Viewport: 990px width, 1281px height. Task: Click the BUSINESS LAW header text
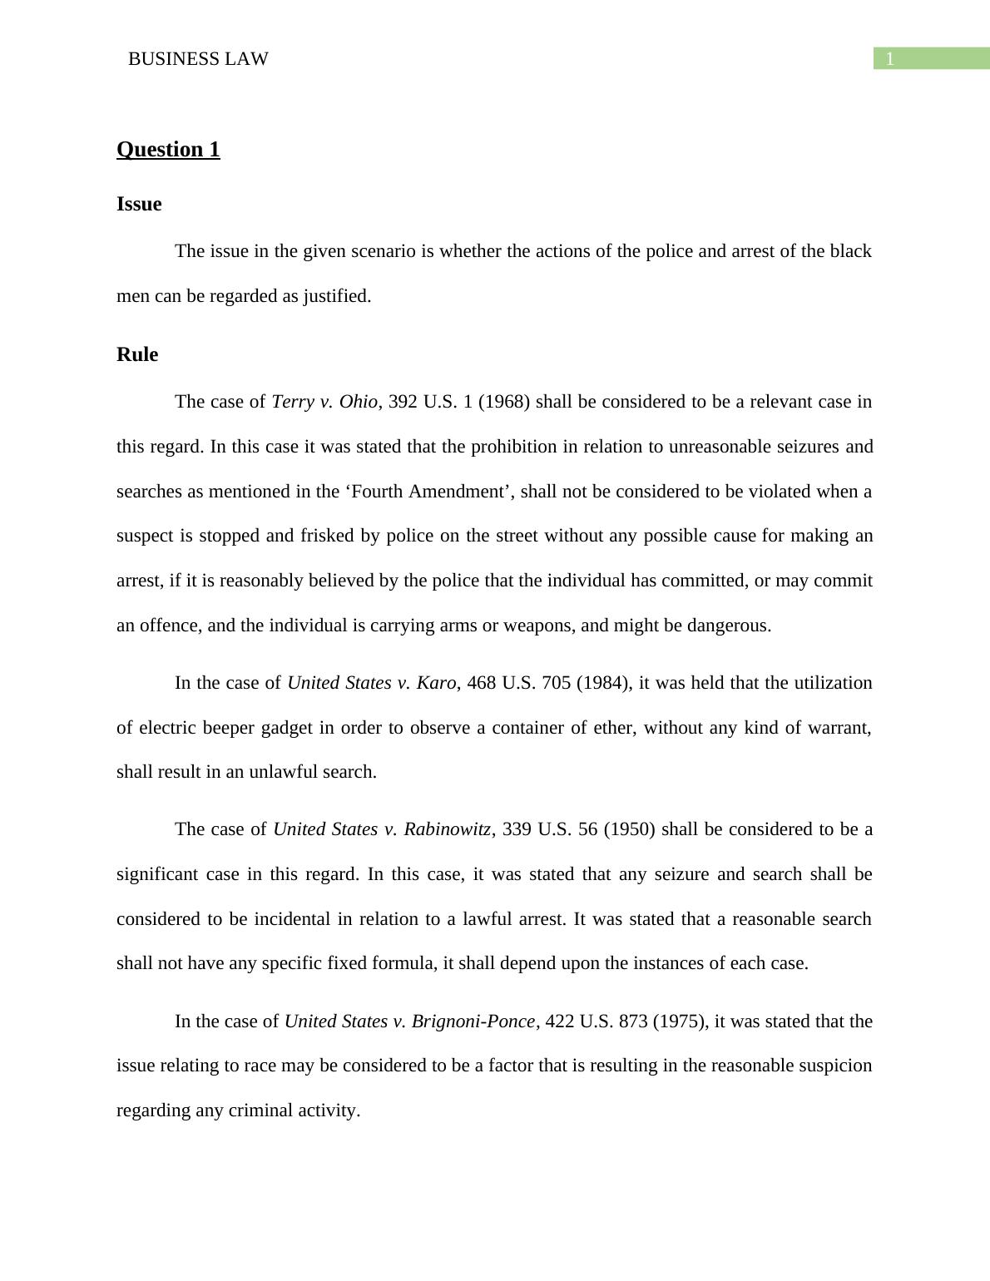[198, 59]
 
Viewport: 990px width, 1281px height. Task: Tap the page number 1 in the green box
[889, 59]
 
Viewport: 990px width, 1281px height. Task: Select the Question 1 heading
[168, 150]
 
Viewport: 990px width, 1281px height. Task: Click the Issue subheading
[139, 205]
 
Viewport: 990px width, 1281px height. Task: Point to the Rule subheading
[137, 354]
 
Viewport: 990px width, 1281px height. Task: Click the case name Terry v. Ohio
[324, 402]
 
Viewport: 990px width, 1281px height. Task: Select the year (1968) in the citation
[504, 402]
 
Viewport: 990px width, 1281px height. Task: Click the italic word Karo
[436, 683]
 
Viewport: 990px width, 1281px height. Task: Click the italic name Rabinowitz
[448, 829]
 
